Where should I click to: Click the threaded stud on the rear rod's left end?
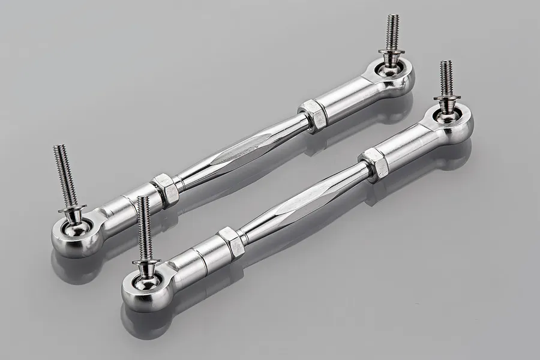pyautogui.click(x=65, y=175)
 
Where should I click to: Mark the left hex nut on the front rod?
pyautogui.click(x=230, y=241)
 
